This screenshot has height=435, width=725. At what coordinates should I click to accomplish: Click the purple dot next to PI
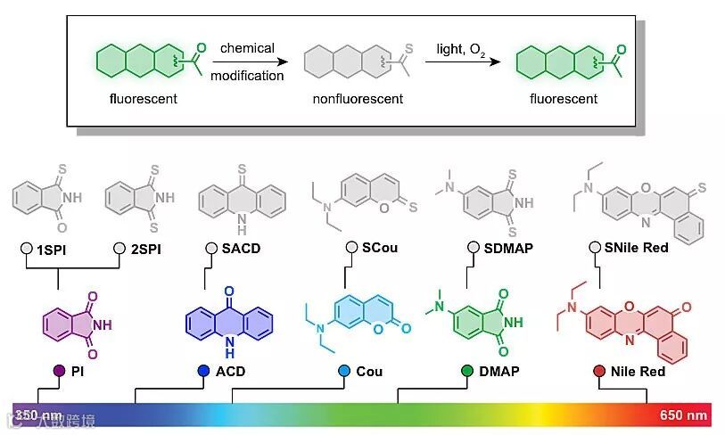59,370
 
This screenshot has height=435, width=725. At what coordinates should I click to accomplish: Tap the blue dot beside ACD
203,370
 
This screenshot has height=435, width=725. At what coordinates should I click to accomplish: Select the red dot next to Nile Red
599,370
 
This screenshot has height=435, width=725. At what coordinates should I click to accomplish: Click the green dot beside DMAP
467,370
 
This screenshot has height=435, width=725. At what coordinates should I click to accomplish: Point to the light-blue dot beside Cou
344,370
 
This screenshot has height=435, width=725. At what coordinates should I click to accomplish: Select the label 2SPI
143,248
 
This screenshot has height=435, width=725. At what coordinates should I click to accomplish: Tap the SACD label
241,248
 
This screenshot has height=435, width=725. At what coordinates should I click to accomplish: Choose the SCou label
378,248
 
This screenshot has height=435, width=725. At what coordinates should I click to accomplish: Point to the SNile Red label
641,248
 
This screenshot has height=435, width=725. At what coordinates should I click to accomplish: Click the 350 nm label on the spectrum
37,415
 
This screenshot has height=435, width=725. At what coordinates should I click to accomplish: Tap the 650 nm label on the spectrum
684,415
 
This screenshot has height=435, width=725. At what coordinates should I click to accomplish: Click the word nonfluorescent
358,99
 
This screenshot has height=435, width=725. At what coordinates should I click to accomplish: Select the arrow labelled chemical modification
247,62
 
